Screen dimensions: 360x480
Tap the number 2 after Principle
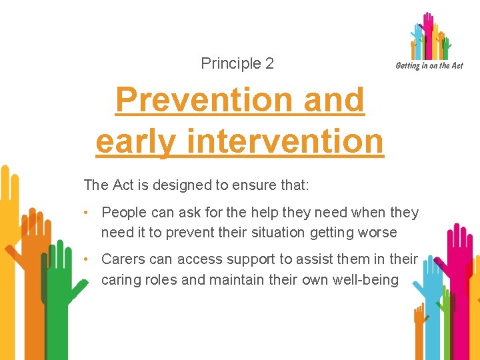[269, 64]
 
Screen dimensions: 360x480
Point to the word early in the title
[137, 141]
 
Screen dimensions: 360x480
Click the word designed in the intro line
[180, 185]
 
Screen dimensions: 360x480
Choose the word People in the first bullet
[123, 213]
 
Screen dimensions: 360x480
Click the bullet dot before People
[87, 213]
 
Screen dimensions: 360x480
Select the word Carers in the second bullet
[122, 259]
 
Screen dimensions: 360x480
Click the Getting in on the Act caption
[429, 65]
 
